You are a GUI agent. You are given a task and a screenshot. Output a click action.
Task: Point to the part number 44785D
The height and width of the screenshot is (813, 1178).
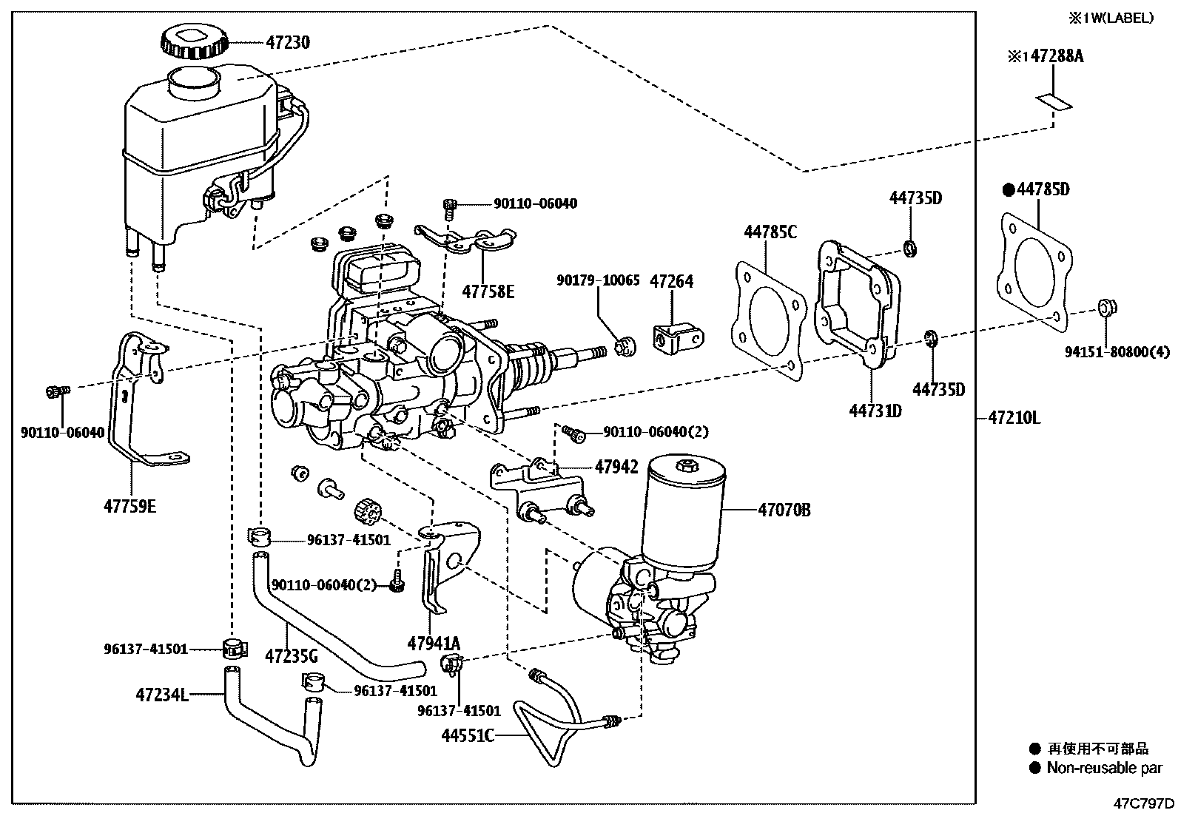[x=1043, y=189]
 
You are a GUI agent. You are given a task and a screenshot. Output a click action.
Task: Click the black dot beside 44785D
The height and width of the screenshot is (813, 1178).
[x=1008, y=190]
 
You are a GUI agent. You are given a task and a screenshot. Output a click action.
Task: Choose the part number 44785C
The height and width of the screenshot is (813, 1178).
[x=770, y=232]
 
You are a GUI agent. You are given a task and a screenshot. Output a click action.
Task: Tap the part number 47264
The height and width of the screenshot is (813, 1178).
[x=671, y=282]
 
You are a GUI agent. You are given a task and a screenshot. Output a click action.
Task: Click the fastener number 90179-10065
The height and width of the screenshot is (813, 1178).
[x=598, y=282]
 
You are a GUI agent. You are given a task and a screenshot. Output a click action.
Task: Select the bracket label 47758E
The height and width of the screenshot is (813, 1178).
[x=488, y=291]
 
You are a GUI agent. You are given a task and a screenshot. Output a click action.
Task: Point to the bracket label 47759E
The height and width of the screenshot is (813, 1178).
[x=130, y=507]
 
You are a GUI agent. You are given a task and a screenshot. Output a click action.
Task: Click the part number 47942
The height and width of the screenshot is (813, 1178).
[x=616, y=467]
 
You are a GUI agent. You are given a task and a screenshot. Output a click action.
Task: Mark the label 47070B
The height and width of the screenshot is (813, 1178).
[x=784, y=510]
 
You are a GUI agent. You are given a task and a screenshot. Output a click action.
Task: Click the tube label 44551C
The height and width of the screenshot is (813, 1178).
[x=468, y=735]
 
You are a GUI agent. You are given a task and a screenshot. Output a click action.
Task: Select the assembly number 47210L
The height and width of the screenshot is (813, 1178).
[x=1014, y=418]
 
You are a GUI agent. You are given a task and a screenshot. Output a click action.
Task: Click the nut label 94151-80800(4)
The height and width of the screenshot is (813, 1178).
[x=1117, y=353]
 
